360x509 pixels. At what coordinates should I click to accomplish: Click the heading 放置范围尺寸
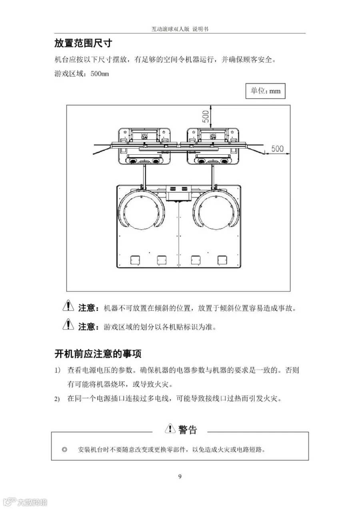[x=83, y=43]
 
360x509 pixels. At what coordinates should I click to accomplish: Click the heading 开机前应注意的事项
[x=98, y=353]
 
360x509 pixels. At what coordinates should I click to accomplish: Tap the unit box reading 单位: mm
[x=265, y=91]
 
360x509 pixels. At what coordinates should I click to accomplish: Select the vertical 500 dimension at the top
[x=206, y=116]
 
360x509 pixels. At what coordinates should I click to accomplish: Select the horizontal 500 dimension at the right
[x=278, y=149]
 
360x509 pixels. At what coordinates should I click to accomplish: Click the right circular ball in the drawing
[x=216, y=209]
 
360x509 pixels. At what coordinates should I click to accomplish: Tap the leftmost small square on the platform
[x=135, y=260]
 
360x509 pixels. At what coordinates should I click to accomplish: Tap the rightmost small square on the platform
[x=222, y=260]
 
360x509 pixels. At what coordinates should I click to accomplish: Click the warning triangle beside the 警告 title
[x=170, y=428]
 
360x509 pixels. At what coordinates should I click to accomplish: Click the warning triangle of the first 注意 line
[x=68, y=305]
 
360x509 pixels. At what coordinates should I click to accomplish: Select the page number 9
[x=180, y=477]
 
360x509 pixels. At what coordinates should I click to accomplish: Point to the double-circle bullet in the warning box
[x=64, y=449]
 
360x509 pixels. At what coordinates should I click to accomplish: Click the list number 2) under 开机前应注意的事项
[x=57, y=399]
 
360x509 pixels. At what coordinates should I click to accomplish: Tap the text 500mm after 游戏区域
[x=100, y=74]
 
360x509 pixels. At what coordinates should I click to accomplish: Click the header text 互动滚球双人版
[x=170, y=29]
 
